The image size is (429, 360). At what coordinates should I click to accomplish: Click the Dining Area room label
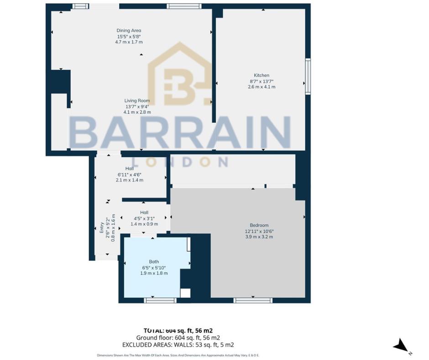129,31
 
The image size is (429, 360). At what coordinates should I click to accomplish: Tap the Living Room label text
137,101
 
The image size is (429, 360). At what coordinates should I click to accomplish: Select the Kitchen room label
262,75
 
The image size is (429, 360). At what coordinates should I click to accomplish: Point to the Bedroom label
259,225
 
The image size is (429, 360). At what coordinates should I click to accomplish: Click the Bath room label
154,262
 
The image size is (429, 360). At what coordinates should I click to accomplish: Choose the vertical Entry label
102,228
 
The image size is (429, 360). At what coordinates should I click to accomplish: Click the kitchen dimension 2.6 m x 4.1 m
262,87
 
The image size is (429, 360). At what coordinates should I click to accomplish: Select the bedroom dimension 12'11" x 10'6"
259,231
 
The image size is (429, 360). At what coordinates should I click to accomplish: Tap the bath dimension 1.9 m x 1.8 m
154,273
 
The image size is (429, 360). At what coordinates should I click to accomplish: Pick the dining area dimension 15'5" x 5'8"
129,37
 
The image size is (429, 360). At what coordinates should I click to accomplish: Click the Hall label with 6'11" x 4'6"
130,169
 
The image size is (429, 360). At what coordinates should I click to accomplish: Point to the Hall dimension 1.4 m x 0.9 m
144,224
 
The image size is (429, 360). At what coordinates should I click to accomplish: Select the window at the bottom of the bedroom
253,300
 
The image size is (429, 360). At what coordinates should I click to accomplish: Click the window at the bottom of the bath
160,300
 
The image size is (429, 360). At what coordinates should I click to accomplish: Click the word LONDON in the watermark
180,162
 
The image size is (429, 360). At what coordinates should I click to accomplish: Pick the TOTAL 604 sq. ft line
178,330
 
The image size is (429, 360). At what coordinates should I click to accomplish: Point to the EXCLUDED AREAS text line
178,345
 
